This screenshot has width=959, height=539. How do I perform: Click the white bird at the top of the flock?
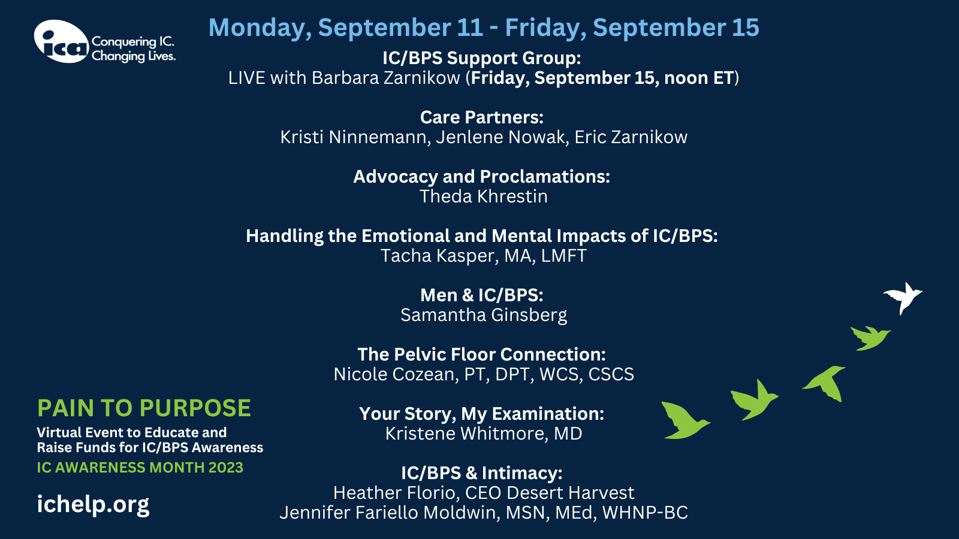point(903,297)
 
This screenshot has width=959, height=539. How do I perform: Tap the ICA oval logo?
point(61,41)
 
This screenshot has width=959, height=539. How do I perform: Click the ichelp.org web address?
point(93,504)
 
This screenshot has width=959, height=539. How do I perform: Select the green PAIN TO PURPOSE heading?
point(144,408)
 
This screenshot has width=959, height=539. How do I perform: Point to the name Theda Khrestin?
point(483,196)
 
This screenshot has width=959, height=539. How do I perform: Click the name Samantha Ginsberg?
point(484,315)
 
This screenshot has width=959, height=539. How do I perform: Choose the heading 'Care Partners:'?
point(482,117)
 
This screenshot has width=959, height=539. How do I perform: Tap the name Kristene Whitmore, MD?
point(484,434)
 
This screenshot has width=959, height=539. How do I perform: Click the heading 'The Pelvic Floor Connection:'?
point(482,354)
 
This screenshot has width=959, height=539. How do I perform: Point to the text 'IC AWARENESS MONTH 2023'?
point(140,468)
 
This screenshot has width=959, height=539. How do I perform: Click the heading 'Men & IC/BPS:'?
point(482,295)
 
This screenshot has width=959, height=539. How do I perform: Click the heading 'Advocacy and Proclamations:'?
point(482,177)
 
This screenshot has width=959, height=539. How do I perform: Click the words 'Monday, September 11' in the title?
point(346,28)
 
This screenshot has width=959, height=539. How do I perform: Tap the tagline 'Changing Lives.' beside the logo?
point(134,56)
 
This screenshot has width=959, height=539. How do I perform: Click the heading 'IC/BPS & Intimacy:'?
point(482,473)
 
